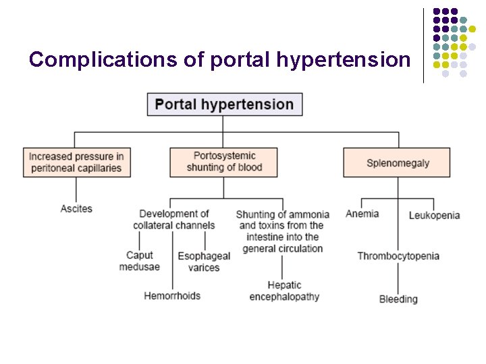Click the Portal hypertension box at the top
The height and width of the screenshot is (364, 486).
point(225,104)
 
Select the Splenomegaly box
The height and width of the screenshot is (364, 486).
point(398,162)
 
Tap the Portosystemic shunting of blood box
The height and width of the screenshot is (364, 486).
point(223,162)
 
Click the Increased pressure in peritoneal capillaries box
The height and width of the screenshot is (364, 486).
point(76,162)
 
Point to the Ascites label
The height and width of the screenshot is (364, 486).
point(76,209)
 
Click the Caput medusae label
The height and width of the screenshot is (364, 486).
point(140,261)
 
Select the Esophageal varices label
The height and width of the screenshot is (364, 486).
point(204,262)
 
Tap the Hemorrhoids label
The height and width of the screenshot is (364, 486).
point(172,295)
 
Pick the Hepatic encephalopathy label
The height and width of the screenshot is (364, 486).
point(284,291)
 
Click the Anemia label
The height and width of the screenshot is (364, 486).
point(362,214)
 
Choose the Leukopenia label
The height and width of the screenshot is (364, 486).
point(434,215)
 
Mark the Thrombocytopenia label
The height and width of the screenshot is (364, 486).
point(398,256)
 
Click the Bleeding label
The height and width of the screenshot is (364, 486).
point(398,299)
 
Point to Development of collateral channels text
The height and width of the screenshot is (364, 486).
point(174,220)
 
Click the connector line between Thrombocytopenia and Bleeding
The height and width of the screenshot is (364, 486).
point(398,278)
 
